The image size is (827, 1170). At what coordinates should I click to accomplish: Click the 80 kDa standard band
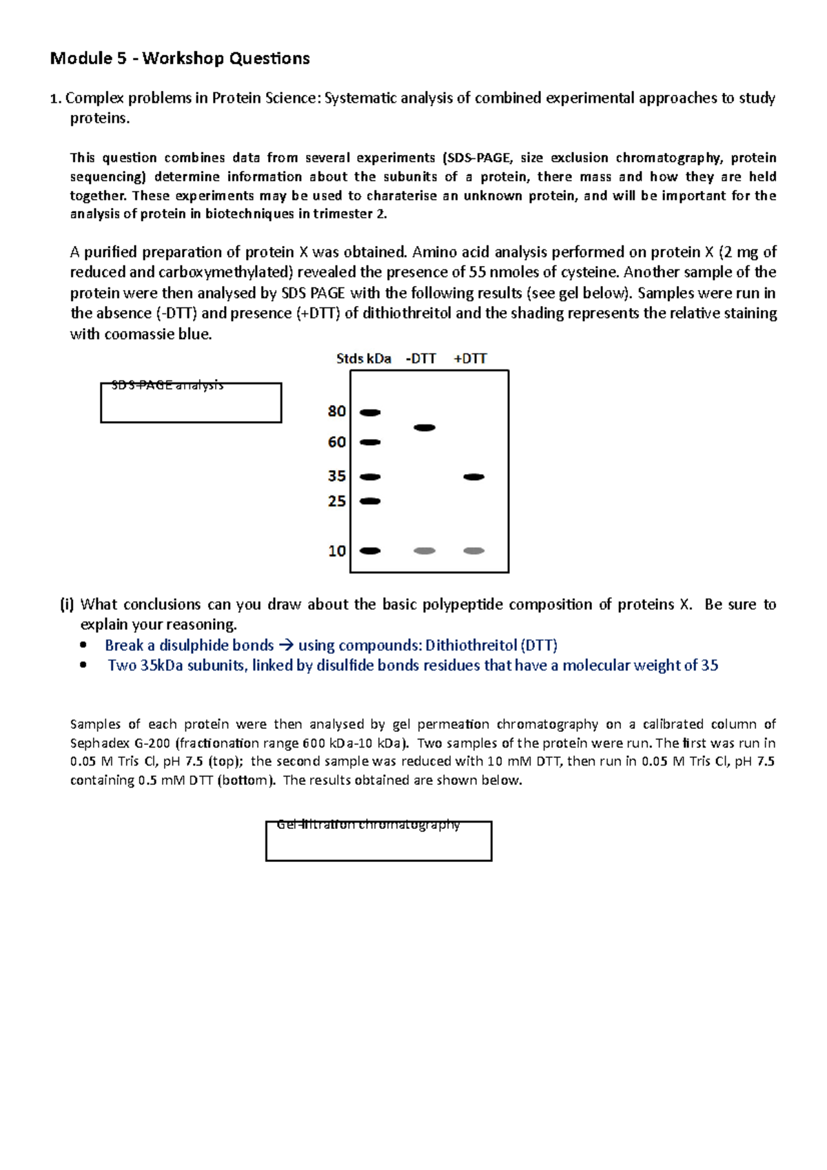coord(370,413)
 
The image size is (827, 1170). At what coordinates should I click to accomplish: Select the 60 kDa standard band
coord(370,442)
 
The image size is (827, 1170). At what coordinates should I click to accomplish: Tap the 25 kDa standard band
coord(370,502)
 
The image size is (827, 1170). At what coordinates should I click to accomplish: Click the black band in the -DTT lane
coord(425,428)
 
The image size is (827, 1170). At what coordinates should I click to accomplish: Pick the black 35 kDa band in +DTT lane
coord(474,477)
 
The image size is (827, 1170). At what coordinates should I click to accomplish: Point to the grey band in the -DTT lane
coord(425,551)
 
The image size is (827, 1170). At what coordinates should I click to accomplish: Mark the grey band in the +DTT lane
coord(474,551)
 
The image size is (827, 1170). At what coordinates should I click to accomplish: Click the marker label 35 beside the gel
coord(337,476)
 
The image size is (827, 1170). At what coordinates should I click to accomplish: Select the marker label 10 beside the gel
coord(337,551)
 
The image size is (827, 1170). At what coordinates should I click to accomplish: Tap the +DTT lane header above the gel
coord(471,358)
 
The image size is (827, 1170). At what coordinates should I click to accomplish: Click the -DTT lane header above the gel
coord(421,358)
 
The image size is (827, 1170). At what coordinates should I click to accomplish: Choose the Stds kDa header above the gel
coord(363,358)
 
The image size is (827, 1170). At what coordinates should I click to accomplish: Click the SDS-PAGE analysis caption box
coord(191,402)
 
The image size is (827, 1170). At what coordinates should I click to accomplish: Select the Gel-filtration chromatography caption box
coord(378,841)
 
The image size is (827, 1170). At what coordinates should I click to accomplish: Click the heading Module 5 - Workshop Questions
coord(180,59)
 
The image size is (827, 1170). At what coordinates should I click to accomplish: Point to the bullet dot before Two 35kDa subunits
coord(83,666)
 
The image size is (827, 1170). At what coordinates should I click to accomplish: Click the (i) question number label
coord(67,605)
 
